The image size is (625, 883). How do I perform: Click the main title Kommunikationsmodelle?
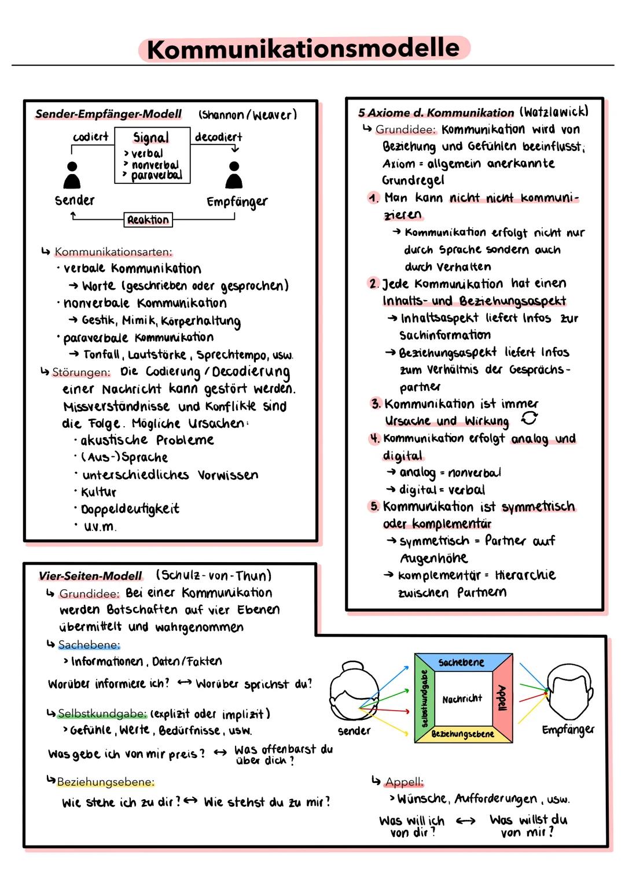click(304, 49)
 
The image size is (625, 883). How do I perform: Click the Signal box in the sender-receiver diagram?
click(152, 155)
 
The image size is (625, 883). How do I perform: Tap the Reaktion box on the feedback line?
click(148, 220)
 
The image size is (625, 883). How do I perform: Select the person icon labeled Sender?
click(72, 175)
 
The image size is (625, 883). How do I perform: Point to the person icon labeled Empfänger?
click(234, 175)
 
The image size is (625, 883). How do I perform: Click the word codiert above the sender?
click(90, 137)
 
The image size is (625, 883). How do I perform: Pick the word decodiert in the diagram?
click(218, 137)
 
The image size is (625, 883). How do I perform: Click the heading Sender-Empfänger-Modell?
click(108, 114)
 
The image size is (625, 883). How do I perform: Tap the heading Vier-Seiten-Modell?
click(90, 576)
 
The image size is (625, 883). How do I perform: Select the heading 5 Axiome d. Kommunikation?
click(436, 113)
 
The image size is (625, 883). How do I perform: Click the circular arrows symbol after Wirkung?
click(530, 418)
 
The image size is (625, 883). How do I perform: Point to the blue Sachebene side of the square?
click(462, 662)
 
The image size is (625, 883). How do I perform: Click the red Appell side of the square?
click(502, 698)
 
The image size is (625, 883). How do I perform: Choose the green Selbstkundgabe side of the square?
click(425, 698)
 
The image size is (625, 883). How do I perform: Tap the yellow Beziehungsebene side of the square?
click(462, 734)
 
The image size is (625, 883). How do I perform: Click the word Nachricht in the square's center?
click(462, 699)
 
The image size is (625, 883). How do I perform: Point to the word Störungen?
click(81, 372)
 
